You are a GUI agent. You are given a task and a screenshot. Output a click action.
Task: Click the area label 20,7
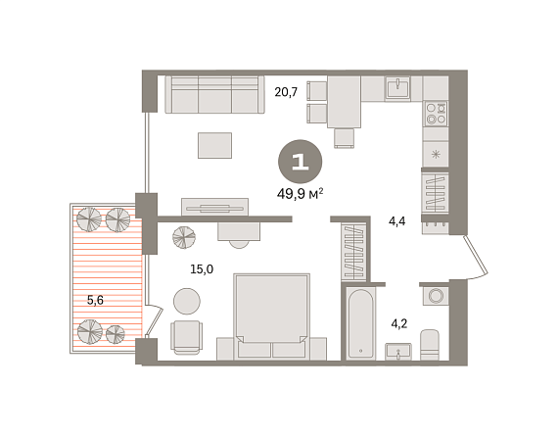286,92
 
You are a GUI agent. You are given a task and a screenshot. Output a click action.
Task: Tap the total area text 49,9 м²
300,194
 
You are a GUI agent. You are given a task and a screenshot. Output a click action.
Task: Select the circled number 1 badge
300,162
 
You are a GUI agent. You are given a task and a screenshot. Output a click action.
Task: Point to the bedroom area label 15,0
202,269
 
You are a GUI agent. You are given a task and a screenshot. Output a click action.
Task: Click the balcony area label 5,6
95,300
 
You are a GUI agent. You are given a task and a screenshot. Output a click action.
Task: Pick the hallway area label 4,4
397,221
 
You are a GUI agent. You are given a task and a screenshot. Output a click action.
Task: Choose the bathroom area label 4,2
399,323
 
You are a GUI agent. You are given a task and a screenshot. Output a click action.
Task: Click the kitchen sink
397,87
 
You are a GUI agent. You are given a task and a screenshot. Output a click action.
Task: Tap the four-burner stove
436,114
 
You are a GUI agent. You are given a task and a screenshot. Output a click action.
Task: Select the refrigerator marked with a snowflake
436,154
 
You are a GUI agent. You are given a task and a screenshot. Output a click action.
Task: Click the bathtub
361,323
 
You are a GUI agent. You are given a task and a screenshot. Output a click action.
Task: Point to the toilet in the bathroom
430,345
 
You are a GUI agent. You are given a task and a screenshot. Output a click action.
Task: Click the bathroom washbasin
398,352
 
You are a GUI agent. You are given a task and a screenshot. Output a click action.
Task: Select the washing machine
436,295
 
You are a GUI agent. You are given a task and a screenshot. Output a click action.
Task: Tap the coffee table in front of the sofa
215,145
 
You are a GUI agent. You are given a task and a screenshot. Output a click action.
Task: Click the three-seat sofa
215,94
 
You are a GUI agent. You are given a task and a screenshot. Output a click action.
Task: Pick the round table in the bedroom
187,301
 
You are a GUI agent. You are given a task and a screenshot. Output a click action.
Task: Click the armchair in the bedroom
186,337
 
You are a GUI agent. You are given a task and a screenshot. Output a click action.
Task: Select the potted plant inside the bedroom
184,237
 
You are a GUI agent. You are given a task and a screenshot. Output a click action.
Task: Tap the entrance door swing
475,257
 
